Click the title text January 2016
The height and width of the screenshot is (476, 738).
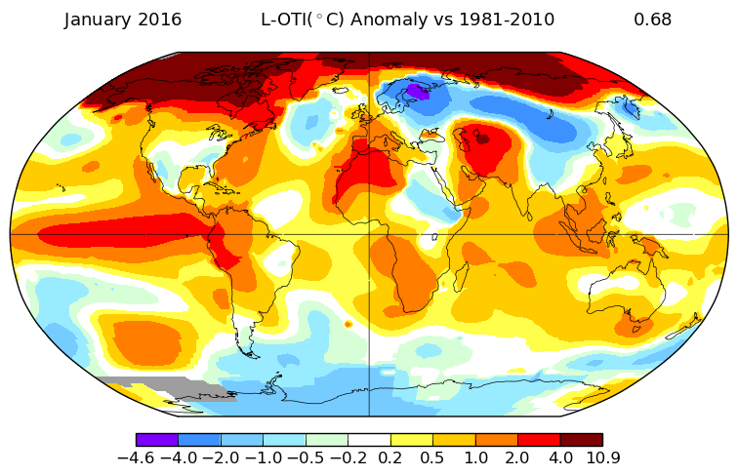coord(123,20)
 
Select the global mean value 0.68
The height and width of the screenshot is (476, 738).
coord(652,20)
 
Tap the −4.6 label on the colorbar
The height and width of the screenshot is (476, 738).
coord(136,457)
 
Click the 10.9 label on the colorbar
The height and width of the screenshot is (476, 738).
coord(602,457)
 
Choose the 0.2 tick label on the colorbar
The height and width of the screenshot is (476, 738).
coord(390,457)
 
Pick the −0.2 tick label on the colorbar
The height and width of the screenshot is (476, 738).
coord(348,457)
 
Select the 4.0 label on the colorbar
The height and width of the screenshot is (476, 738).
coord(560,457)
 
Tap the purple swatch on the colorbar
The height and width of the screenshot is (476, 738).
coord(157,440)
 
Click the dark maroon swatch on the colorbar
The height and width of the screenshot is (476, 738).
coord(581,440)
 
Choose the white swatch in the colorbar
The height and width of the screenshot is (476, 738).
coord(369,440)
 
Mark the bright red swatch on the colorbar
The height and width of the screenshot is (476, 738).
coord(539,440)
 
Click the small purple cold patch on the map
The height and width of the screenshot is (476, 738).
coord(418,91)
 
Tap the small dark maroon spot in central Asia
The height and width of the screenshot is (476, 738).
coord(481,139)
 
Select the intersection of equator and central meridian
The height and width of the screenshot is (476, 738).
coord(369,234)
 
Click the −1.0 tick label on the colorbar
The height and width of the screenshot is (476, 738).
coord(263,457)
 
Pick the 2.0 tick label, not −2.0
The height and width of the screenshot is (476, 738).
coord(517,457)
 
